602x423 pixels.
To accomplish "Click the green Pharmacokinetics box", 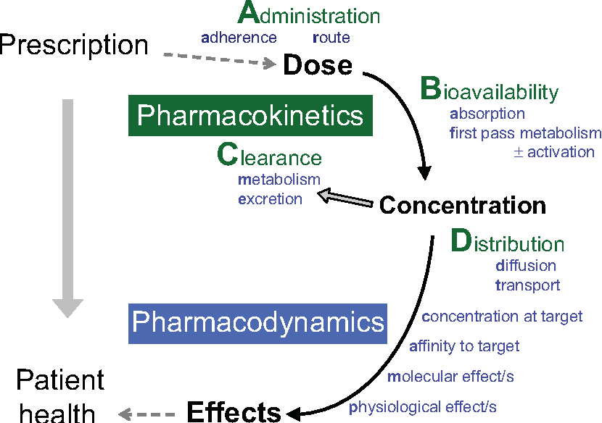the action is point(250,115).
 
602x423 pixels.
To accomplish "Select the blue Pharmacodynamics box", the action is point(257,323).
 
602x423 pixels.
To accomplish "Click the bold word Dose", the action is point(318,64).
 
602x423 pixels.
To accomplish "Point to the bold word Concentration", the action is point(462,205).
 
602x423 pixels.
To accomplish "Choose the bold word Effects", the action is point(234,412).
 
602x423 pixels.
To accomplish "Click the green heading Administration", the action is point(309,14).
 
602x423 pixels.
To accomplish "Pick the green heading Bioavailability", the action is point(490,90).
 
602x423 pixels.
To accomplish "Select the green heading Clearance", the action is point(269,154).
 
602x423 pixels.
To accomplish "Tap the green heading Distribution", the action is point(507,241).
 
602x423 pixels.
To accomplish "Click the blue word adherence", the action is point(239,38).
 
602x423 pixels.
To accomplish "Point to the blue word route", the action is point(331,38).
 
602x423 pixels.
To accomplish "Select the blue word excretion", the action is point(270,199).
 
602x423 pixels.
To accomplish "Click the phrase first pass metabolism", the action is point(526,133).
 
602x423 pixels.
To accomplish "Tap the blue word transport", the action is point(527,285).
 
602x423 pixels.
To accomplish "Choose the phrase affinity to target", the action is point(464,346).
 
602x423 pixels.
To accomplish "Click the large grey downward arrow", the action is point(68,208).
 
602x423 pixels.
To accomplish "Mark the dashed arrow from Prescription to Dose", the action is point(220,59).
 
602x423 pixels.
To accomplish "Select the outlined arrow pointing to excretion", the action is point(345,197).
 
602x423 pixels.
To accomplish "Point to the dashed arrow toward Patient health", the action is point(147,414).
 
